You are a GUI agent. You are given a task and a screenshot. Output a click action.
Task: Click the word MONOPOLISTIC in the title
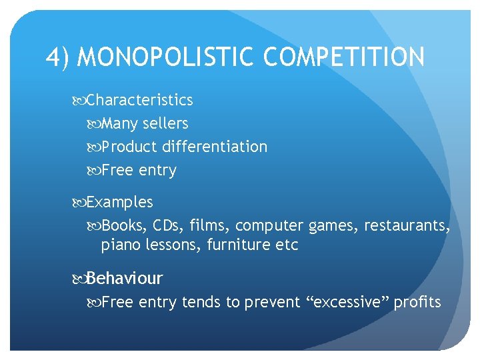click(x=167, y=57)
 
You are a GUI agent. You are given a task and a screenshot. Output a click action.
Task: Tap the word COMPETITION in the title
click(x=343, y=57)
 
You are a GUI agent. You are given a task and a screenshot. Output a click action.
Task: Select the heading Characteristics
click(x=139, y=100)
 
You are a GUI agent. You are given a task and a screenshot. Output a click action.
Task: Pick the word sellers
click(x=165, y=123)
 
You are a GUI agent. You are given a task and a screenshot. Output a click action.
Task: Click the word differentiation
click(x=215, y=147)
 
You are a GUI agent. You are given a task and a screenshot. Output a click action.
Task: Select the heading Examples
click(x=119, y=202)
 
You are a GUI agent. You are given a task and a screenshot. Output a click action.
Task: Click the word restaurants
click(x=406, y=225)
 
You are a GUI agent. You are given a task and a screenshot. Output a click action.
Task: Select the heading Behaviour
click(x=125, y=278)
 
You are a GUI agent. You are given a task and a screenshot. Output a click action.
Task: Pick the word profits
click(x=417, y=303)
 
